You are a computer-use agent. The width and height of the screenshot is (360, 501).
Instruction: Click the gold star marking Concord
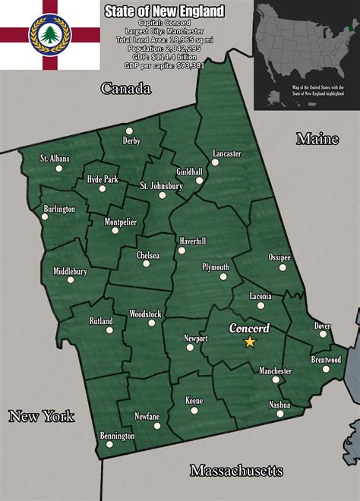click(x=249, y=342)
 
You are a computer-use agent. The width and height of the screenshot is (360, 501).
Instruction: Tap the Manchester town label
click(x=275, y=371)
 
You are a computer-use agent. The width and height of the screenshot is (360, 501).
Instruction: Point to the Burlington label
click(x=59, y=209)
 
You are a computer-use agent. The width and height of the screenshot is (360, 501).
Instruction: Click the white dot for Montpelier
click(x=115, y=231)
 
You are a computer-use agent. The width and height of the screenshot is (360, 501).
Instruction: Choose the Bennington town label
click(x=117, y=436)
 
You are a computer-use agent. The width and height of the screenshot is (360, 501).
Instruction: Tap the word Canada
click(x=126, y=89)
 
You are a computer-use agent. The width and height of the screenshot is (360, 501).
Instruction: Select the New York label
click(x=42, y=415)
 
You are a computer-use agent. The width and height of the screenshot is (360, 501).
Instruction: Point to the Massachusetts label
click(x=236, y=471)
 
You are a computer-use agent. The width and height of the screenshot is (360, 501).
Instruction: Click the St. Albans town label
click(x=55, y=159)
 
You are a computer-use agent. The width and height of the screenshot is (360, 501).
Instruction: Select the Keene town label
click(x=194, y=400)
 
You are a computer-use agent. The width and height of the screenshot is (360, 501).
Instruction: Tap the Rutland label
click(x=101, y=321)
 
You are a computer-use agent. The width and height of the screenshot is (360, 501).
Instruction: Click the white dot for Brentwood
click(x=326, y=370)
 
